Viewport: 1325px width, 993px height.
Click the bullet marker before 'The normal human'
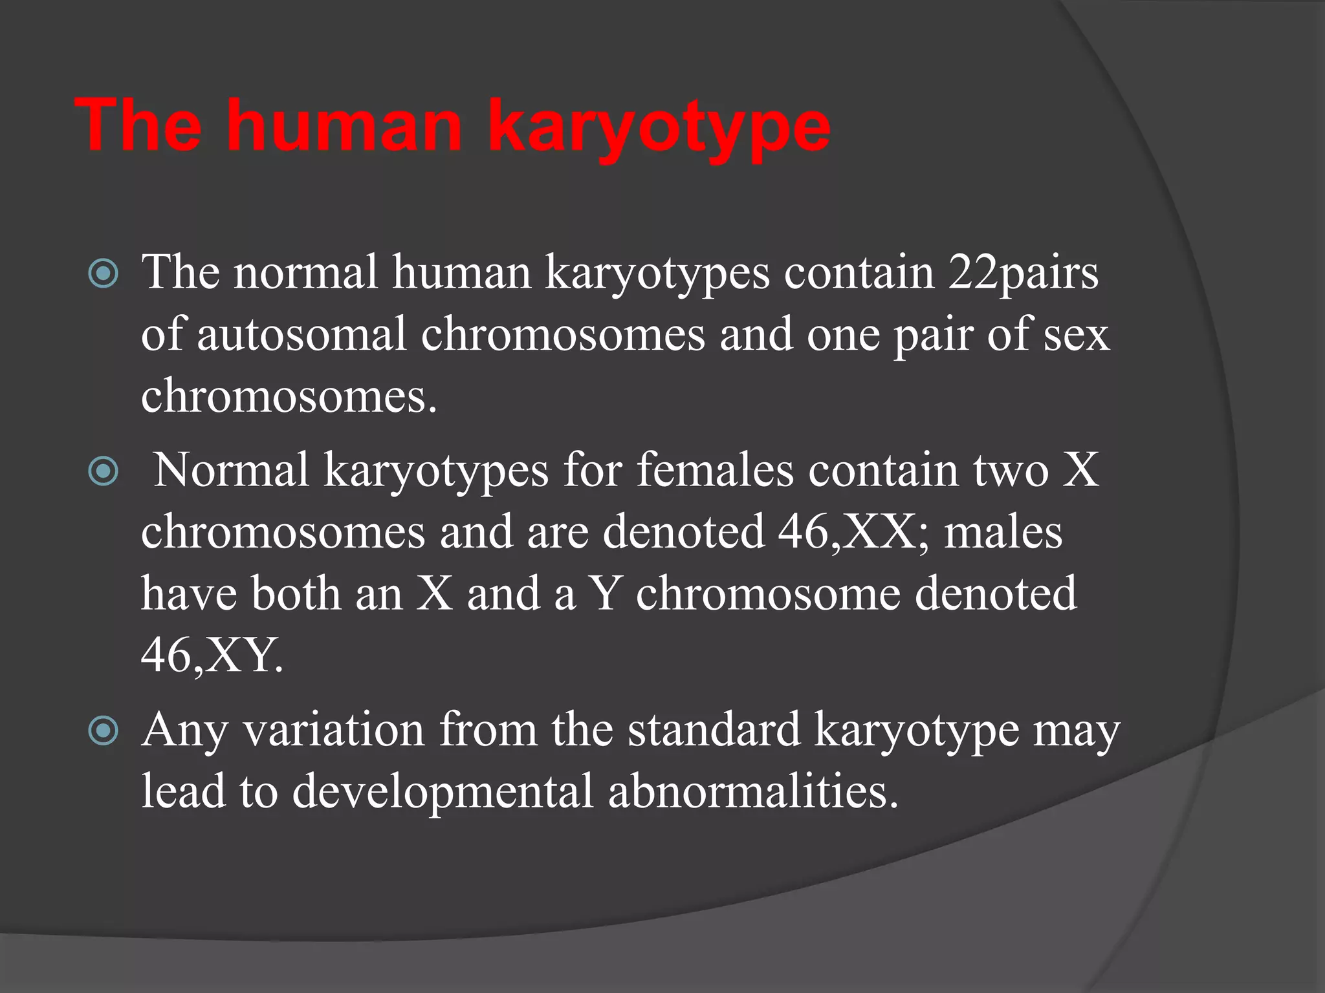coord(104,273)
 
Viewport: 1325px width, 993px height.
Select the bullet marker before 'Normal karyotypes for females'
coord(104,471)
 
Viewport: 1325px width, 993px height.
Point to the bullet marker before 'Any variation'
coord(104,731)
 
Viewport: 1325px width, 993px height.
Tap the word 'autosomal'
coord(301,335)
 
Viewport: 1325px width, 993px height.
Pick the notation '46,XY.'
coord(212,656)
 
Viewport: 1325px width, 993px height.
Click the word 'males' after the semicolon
coord(1003,533)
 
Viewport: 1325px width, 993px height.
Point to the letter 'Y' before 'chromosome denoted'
coord(605,593)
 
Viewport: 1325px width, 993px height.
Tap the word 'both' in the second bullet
coord(296,593)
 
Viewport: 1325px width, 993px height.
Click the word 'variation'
coord(334,731)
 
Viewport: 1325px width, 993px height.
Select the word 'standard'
coord(714,731)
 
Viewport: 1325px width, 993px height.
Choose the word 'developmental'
coord(443,791)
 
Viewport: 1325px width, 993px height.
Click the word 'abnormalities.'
coord(753,791)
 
